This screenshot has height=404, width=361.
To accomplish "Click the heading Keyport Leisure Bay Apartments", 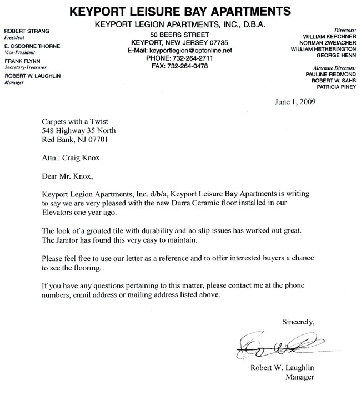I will pos(181,11).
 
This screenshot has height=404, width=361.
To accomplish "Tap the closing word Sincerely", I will pos(299,321).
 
